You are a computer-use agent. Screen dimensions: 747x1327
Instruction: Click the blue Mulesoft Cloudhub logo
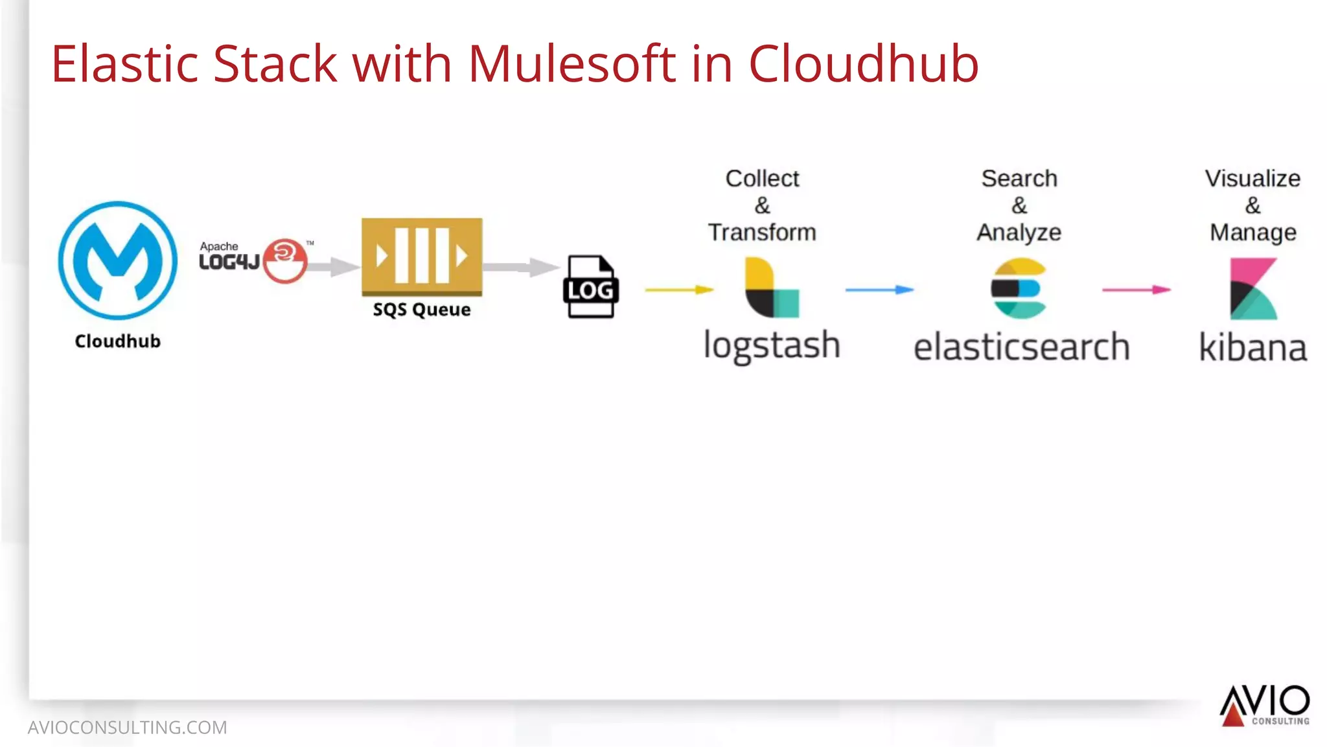click(117, 260)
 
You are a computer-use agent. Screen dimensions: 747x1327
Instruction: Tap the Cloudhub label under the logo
click(117, 341)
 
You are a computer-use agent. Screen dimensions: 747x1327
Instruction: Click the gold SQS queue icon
click(422, 257)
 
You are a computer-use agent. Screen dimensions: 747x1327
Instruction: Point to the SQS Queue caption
click(422, 310)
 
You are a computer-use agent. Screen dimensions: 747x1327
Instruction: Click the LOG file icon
click(590, 287)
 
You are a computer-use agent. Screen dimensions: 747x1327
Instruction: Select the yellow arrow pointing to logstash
click(679, 290)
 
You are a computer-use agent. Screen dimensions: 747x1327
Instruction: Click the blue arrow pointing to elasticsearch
click(879, 290)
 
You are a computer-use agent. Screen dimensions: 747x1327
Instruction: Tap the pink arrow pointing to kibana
click(1137, 290)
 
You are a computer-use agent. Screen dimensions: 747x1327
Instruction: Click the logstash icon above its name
click(771, 288)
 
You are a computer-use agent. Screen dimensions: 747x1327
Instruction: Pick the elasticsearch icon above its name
click(1019, 288)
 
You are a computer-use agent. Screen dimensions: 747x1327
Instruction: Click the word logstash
click(772, 345)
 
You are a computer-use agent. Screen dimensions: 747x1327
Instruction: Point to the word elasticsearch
click(1021, 347)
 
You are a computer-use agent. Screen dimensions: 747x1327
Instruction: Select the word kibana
click(1252, 348)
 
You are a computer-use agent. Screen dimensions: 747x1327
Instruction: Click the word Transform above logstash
click(762, 232)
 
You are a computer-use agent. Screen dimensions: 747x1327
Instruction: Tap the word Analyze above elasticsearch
click(1019, 232)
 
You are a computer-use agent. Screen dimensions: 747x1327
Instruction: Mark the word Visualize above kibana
click(1252, 178)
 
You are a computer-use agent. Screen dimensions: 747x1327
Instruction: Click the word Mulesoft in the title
click(572, 63)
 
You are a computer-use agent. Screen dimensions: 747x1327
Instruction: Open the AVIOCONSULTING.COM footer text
click(127, 728)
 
